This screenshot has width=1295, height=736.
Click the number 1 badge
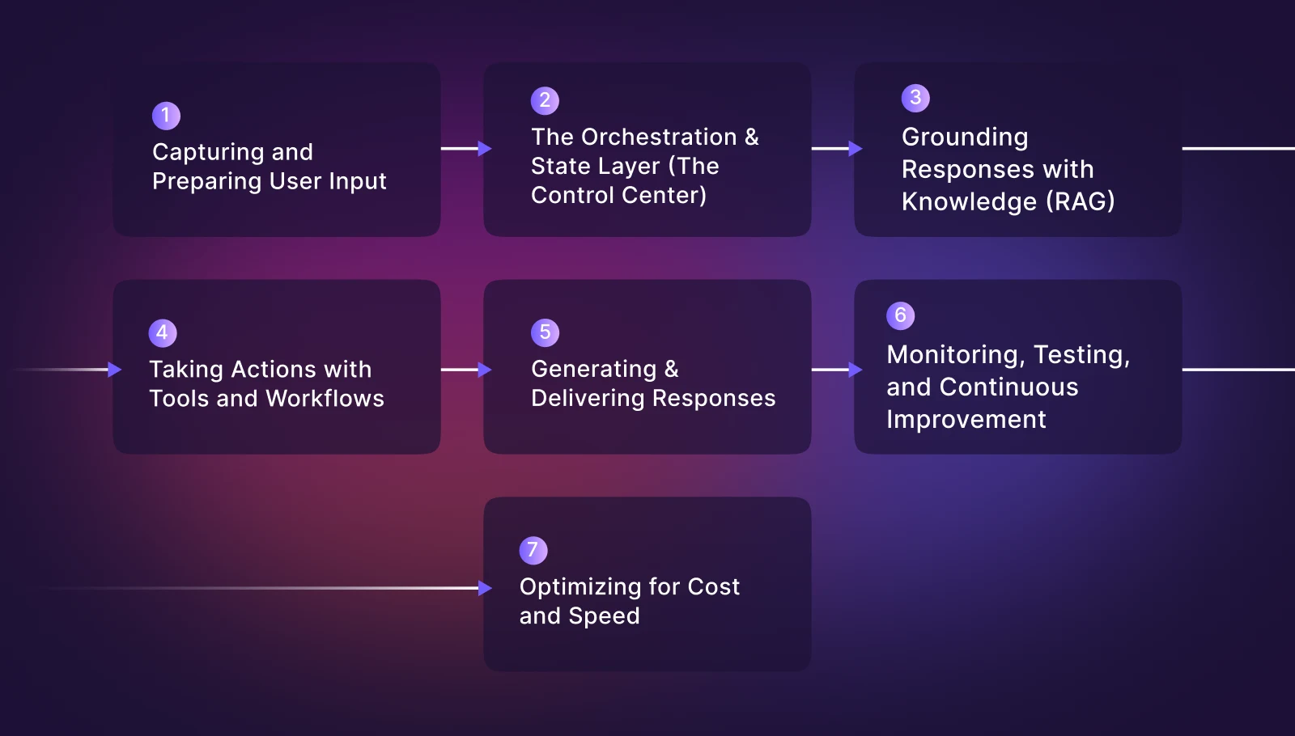166,116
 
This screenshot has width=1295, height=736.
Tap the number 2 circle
545,100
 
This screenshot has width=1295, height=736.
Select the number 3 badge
915,98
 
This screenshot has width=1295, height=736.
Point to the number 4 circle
163,332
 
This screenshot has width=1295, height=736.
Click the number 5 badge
545,332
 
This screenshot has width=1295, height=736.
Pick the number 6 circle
900,315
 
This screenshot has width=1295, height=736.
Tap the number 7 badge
533,550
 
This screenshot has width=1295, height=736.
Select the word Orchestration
659,137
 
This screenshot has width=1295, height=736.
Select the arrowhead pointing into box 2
485,149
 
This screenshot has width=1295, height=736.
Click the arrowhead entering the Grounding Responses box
856,149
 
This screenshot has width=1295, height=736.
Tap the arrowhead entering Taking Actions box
114,370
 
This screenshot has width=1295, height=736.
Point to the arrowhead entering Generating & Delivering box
485,370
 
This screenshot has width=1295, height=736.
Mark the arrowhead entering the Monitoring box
856,370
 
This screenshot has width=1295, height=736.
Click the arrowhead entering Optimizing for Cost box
485,588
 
